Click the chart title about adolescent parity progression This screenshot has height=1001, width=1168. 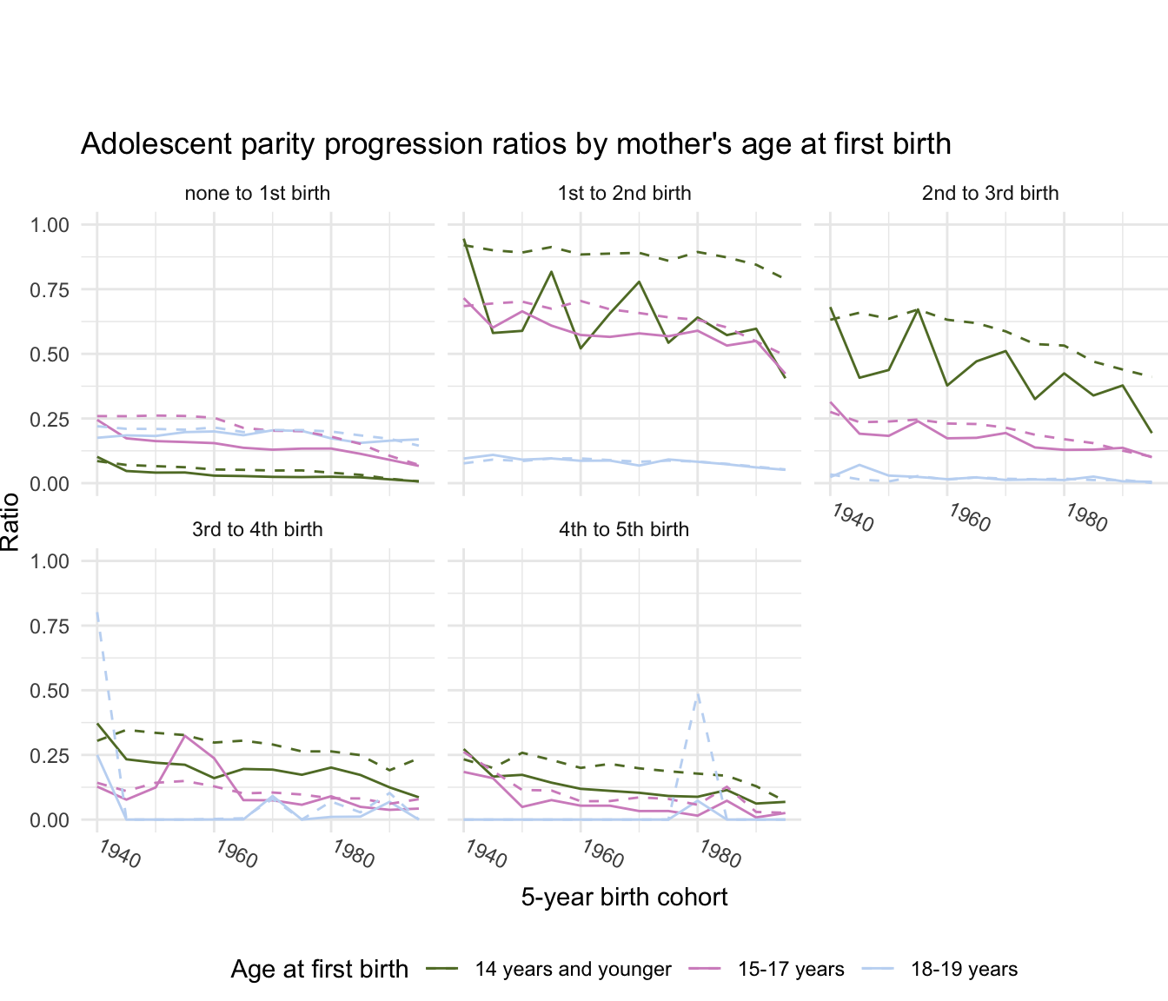pyautogui.click(x=515, y=143)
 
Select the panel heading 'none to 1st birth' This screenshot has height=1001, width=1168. pyautogui.click(x=257, y=193)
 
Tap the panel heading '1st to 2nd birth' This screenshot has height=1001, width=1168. pyautogui.click(x=624, y=193)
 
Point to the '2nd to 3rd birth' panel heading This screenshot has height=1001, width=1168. pyautogui.click(x=990, y=193)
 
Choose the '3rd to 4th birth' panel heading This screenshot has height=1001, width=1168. pyautogui.click(x=257, y=529)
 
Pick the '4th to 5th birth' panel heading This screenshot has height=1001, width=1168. pyautogui.click(x=624, y=529)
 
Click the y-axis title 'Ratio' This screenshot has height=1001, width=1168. pyautogui.click(x=10, y=521)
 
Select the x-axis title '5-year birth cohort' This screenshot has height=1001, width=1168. pyautogui.click(x=624, y=897)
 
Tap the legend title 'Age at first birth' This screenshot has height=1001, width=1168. pyautogui.click(x=319, y=970)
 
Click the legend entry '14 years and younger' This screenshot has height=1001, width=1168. pyautogui.click(x=573, y=970)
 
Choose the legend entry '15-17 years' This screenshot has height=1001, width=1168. pyautogui.click(x=791, y=970)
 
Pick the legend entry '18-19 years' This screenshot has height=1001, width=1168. pyautogui.click(x=964, y=970)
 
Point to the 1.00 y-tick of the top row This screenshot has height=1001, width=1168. pyautogui.click(x=49, y=225)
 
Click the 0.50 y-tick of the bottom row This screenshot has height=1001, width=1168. pyautogui.click(x=49, y=691)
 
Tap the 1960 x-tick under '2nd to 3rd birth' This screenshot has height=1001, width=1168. pyautogui.click(x=969, y=518)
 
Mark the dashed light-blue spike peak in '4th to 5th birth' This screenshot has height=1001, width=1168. pyautogui.click(x=697, y=693)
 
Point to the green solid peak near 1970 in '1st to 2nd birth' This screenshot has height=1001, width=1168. pyautogui.click(x=639, y=282)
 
